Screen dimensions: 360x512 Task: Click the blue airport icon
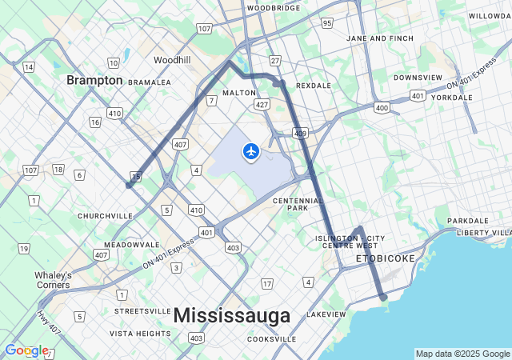(x=251, y=150)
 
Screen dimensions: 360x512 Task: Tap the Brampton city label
(x=94, y=80)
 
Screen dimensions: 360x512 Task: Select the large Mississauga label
(x=232, y=316)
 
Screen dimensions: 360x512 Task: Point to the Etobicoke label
(x=386, y=259)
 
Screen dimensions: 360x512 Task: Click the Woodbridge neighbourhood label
(x=273, y=8)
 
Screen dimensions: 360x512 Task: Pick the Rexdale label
(x=313, y=85)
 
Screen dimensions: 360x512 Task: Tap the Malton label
(x=239, y=93)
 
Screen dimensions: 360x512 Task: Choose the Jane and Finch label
(x=380, y=38)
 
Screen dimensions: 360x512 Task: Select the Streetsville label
(x=142, y=310)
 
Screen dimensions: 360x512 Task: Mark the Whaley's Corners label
(x=53, y=280)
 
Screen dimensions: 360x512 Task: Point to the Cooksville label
(x=271, y=339)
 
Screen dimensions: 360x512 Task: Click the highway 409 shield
(x=299, y=133)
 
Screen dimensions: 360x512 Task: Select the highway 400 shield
(x=382, y=106)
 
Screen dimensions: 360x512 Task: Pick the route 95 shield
(x=327, y=23)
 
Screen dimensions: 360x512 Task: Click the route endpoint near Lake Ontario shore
(x=383, y=297)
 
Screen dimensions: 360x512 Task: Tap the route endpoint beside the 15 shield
(x=129, y=185)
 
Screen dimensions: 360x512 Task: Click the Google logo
(x=26, y=350)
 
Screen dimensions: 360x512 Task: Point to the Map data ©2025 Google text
(x=462, y=354)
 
